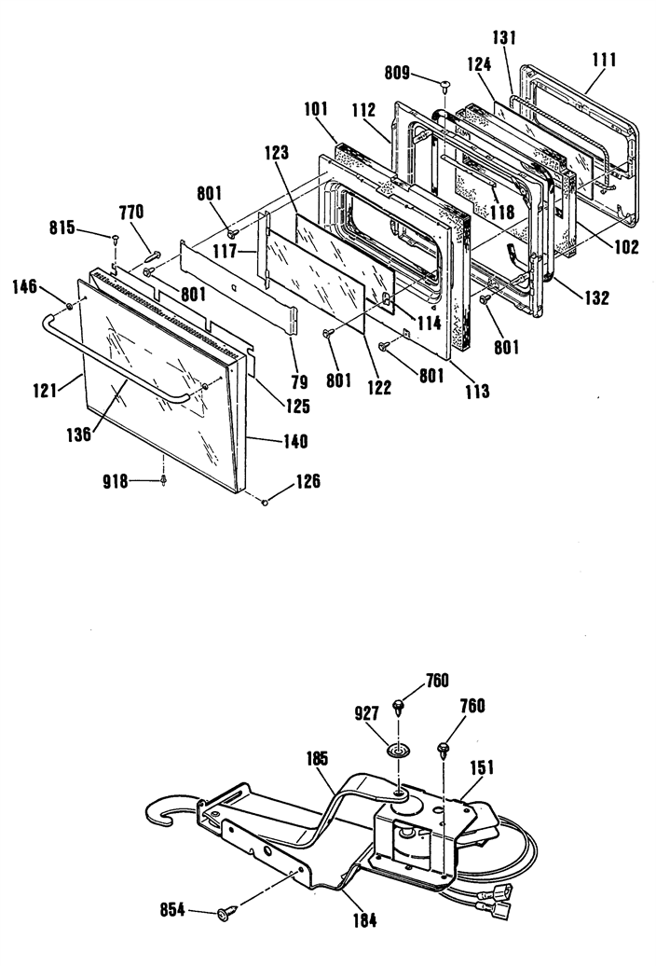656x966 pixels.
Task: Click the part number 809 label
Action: point(397,73)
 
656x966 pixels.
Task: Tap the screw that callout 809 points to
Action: point(444,85)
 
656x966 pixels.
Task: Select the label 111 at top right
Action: point(605,61)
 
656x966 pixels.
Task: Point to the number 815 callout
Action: point(62,228)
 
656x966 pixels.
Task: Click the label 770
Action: point(131,212)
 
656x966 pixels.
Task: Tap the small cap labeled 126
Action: point(266,503)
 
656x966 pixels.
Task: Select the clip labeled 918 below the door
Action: point(164,480)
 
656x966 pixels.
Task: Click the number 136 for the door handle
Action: point(79,434)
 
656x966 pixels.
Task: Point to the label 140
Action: point(295,442)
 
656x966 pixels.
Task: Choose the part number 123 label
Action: point(277,152)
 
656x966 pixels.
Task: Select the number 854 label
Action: point(172,909)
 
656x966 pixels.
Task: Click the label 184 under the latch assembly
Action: point(364,920)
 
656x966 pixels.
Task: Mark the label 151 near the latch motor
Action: point(482,768)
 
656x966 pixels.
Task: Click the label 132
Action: point(596,297)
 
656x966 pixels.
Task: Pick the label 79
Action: point(299,382)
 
